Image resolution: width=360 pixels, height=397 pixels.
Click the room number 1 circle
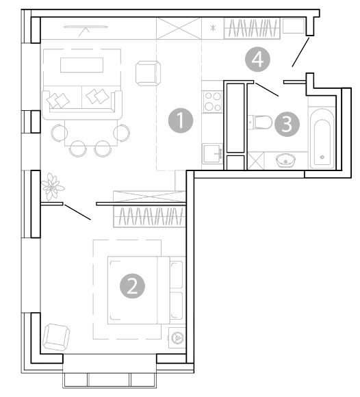[x=181, y=120]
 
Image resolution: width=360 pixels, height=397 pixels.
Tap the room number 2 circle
[x=132, y=286]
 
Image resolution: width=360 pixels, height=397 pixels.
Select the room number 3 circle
[x=287, y=125]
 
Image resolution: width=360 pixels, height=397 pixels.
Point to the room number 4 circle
[x=258, y=60]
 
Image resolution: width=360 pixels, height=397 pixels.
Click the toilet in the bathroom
[x=259, y=122]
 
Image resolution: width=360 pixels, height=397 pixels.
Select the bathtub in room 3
[x=322, y=138]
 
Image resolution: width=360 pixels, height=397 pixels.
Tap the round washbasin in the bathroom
[x=285, y=160]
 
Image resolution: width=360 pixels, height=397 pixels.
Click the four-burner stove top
[x=213, y=101]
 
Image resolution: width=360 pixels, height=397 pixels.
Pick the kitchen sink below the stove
[x=212, y=153]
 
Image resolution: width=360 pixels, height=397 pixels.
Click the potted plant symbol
[x=53, y=187]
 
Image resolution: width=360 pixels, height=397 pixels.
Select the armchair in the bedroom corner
[x=56, y=337]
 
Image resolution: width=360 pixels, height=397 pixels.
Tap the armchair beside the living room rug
[x=148, y=73]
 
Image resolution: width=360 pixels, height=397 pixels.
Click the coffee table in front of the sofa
[x=81, y=65]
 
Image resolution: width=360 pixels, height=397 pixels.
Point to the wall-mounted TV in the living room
[x=86, y=27]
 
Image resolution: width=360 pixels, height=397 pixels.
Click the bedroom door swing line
[x=77, y=212]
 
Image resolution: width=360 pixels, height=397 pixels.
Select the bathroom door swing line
[x=267, y=90]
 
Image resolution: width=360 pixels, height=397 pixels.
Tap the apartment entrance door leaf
[x=300, y=52]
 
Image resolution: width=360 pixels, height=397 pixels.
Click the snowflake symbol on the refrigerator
[x=213, y=28]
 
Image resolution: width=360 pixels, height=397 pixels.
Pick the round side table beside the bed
[x=177, y=337]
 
